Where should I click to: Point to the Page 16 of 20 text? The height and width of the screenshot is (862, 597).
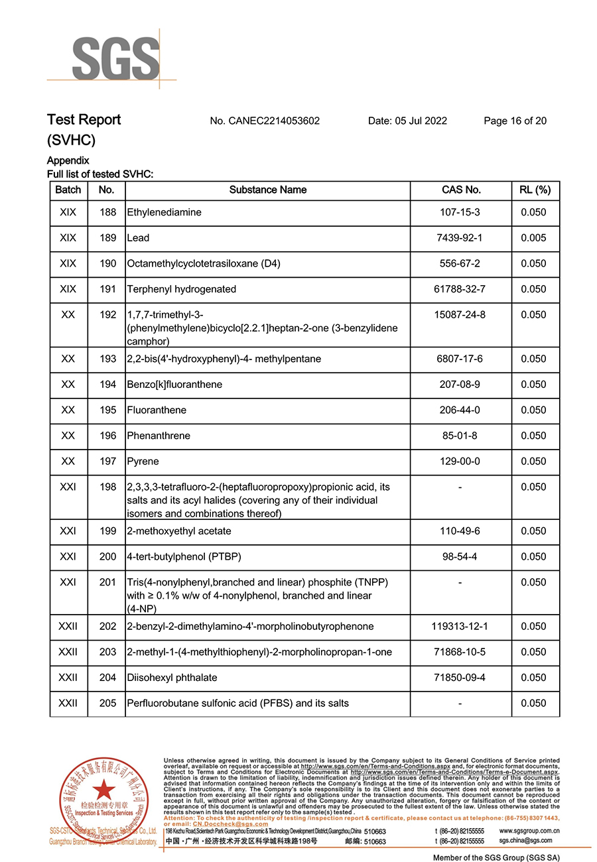(x=515, y=121)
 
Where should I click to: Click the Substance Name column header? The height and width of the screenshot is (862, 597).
(x=268, y=190)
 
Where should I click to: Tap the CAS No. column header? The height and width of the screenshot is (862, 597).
(x=461, y=190)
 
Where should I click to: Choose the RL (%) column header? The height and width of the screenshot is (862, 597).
(x=534, y=190)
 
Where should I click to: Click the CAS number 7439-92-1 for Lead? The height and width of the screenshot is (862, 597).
(x=461, y=238)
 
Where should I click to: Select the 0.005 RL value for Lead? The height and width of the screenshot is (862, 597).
(x=534, y=238)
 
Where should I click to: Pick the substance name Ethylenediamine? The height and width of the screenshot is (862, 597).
(x=164, y=212)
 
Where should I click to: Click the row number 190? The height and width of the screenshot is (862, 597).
(x=107, y=263)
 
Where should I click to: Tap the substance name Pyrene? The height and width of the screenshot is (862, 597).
(x=143, y=462)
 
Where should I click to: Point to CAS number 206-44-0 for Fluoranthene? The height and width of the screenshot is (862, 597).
(x=460, y=410)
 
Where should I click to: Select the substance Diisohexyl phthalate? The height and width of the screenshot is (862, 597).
(x=172, y=678)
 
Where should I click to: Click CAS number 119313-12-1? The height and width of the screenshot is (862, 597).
(x=460, y=627)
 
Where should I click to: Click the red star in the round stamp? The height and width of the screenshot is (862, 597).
(x=103, y=789)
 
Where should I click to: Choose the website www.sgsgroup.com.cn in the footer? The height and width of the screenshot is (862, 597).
(x=527, y=831)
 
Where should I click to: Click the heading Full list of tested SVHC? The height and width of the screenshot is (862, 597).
(x=99, y=174)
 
